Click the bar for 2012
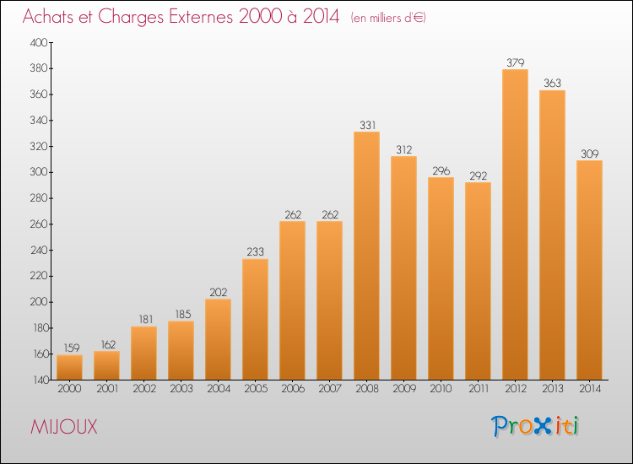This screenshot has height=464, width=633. [x=515, y=224]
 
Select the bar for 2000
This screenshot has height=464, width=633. [x=69, y=367]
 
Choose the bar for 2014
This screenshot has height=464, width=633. [x=589, y=269]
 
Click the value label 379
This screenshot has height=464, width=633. [x=515, y=62]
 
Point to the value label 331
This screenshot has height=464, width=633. [x=366, y=125]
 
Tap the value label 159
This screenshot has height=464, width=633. [x=69, y=348]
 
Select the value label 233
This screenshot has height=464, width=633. [x=255, y=252]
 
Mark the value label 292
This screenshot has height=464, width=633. [x=478, y=175]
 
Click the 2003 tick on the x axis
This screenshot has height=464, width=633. [x=181, y=388]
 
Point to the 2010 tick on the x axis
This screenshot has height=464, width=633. [x=441, y=388]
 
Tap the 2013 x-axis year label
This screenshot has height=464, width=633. [x=552, y=388]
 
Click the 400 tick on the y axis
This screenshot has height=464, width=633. [x=41, y=42]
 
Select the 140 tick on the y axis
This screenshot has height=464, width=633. [x=41, y=380]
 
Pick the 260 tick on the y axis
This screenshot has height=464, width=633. [x=41, y=224]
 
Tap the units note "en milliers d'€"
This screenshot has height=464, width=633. [x=388, y=18]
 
